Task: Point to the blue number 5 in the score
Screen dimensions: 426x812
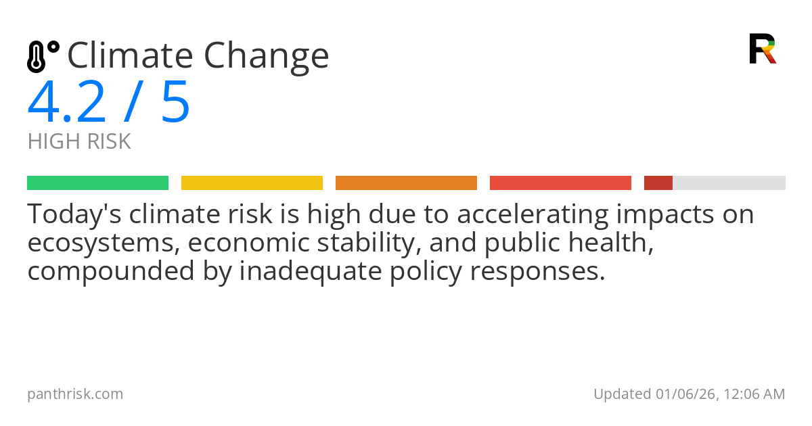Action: [175, 103]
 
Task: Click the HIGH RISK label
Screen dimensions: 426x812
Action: [79, 142]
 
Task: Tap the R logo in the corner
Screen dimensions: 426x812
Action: [762, 49]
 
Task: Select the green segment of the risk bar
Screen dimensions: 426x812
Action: [97, 183]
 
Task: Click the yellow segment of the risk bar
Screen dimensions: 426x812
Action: [252, 183]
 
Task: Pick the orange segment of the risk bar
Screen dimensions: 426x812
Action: [406, 183]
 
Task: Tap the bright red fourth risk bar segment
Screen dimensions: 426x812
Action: [560, 183]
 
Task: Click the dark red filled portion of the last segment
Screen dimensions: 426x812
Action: [658, 183]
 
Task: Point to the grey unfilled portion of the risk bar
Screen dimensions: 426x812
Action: [729, 183]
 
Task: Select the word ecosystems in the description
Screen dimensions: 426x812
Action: [101, 243]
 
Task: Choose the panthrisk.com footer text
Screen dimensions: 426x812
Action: [75, 394]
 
